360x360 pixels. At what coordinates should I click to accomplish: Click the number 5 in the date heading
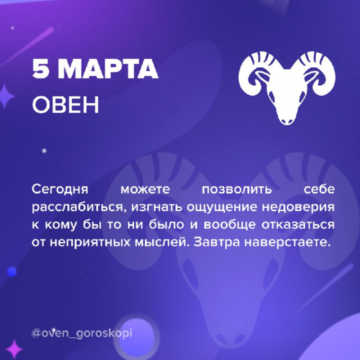coord(41,68)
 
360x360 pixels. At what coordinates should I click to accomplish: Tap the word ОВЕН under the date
coord(65,104)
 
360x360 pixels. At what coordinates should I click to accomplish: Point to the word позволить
coord(236,189)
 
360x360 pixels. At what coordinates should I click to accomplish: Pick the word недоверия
coord(298,207)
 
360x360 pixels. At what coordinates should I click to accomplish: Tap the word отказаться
coord(298,224)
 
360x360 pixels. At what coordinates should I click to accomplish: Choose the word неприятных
coord(90,242)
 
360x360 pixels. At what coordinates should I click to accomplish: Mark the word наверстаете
coord(287,242)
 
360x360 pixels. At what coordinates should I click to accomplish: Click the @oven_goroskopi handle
coord(81,333)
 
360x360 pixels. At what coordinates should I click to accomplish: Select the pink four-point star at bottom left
coord(14,349)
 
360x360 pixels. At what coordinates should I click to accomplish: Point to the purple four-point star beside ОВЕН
coord(5,96)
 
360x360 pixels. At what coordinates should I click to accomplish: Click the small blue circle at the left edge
coord(11,272)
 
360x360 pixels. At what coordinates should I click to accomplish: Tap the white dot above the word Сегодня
coord(44,151)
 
